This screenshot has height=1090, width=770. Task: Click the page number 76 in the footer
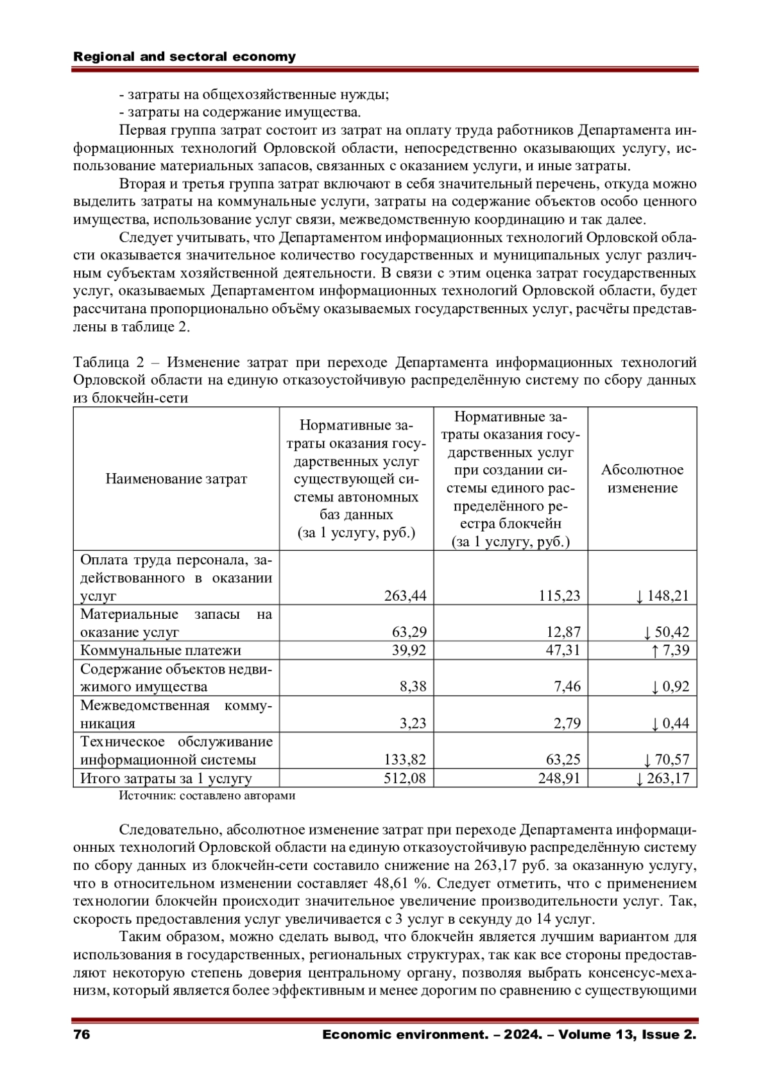pos(81,1035)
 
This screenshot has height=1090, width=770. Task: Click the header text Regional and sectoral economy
pos(185,56)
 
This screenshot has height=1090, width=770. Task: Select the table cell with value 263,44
pos(405,596)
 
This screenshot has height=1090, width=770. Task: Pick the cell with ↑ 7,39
pos(670,650)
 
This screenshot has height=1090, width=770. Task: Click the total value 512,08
pos(405,779)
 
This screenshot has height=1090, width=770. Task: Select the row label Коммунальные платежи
pos(160,650)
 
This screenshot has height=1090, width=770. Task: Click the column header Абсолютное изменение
pos(642,479)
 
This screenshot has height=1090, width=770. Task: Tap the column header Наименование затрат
pos(176,479)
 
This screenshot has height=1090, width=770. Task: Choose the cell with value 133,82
pos(405,760)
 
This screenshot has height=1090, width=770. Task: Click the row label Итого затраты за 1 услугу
pos(166,779)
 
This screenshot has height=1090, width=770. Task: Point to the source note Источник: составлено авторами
pos(207,796)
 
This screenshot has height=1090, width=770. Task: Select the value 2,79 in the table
pos(567,723)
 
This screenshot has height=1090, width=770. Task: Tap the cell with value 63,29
pos(409,632)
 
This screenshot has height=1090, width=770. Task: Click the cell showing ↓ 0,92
pos(670,687)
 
